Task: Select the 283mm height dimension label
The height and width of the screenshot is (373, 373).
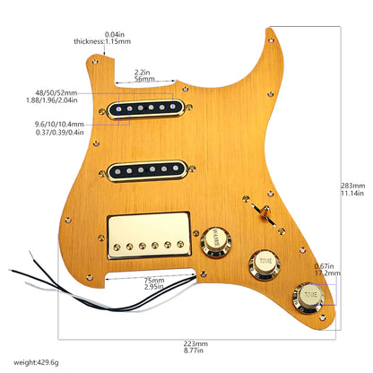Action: pyautogui.click(x=353, y=185)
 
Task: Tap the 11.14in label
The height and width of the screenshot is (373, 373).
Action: pyautogui.click(x=353, y=194)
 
